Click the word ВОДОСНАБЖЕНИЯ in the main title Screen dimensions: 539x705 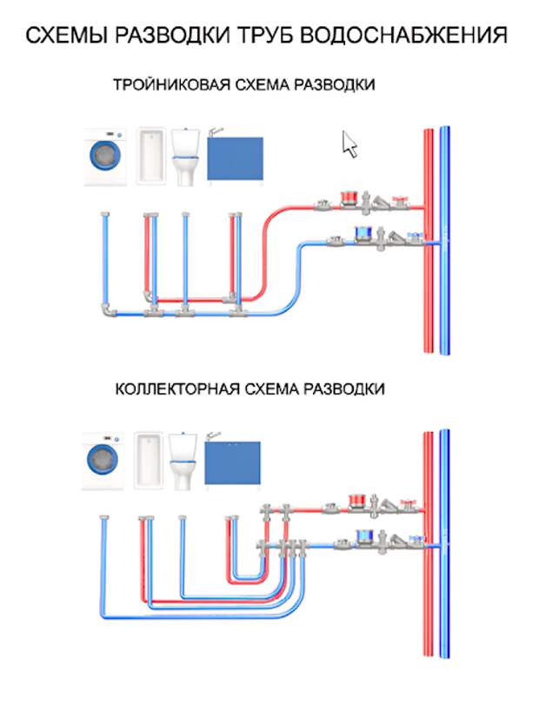click(403, 36)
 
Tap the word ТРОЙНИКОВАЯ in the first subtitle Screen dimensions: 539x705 click(172, 84)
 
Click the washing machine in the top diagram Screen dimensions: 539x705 click(105, 157)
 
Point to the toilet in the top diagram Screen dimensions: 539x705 click(185, 157)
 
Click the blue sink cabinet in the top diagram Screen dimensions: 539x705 click(235, 158)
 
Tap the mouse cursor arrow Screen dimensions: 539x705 click(349, 144)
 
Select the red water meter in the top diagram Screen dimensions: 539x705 click(349, 198)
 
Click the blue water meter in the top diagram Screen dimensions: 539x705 click(364, 233)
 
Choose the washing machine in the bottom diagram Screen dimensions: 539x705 click(103, 462)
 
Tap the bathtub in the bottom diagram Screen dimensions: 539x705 click(149, 461)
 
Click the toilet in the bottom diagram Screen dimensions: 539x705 click(183, 462)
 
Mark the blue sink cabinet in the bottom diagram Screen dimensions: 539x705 click(232, 462)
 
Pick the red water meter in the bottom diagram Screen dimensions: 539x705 click(359, 501)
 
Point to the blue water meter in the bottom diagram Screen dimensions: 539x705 click(366, 536)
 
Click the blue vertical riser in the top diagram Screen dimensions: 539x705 click(444, 241)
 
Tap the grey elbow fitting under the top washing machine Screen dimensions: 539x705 click(108, 310)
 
